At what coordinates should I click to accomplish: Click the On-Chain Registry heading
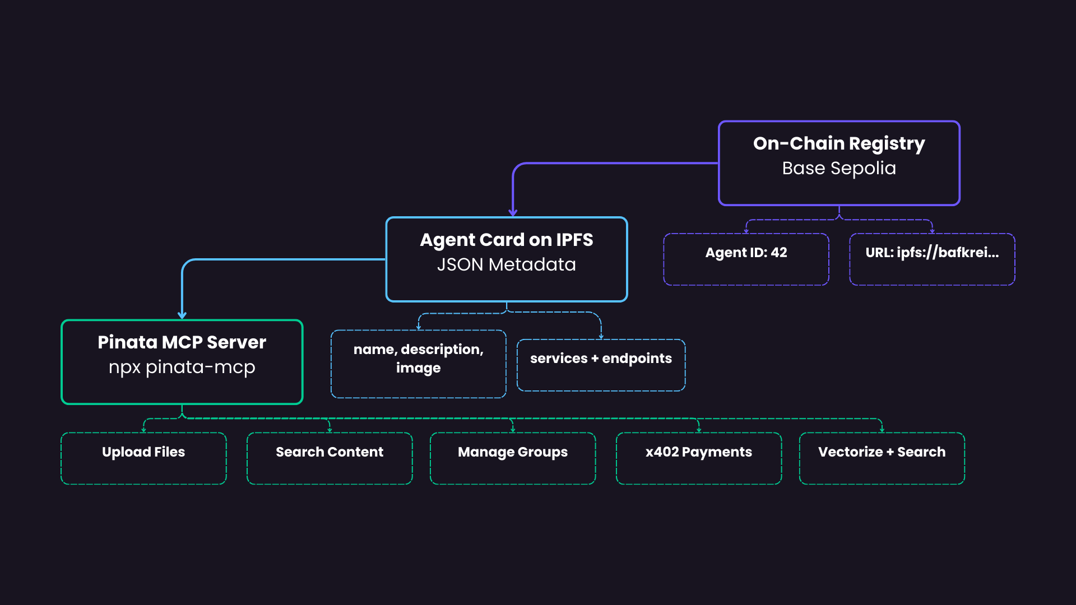[839, 143]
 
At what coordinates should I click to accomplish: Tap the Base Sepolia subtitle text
[839, 168]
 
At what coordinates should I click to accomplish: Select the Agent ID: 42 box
[746, 259]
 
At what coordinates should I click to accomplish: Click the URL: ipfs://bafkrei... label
[932, 253]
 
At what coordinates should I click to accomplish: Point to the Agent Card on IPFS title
[506, 240]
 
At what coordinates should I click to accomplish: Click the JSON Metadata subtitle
[506, 264]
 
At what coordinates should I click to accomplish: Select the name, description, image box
[418, 364]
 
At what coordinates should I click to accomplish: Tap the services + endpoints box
[601, 365]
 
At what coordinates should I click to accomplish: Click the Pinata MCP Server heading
[182, 342]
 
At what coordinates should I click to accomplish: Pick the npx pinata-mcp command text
[182, 367]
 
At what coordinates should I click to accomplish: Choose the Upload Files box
[143, 458]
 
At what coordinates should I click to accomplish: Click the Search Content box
[330, 458]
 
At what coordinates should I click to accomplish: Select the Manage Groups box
[513, 458]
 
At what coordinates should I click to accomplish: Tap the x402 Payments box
[698, 458]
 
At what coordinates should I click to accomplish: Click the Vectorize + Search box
[882, 458]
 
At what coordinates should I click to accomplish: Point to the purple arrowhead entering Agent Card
[513, 213]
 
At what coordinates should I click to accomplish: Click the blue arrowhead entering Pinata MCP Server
[182, 315]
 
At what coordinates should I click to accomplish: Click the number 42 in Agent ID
[779, 253]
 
